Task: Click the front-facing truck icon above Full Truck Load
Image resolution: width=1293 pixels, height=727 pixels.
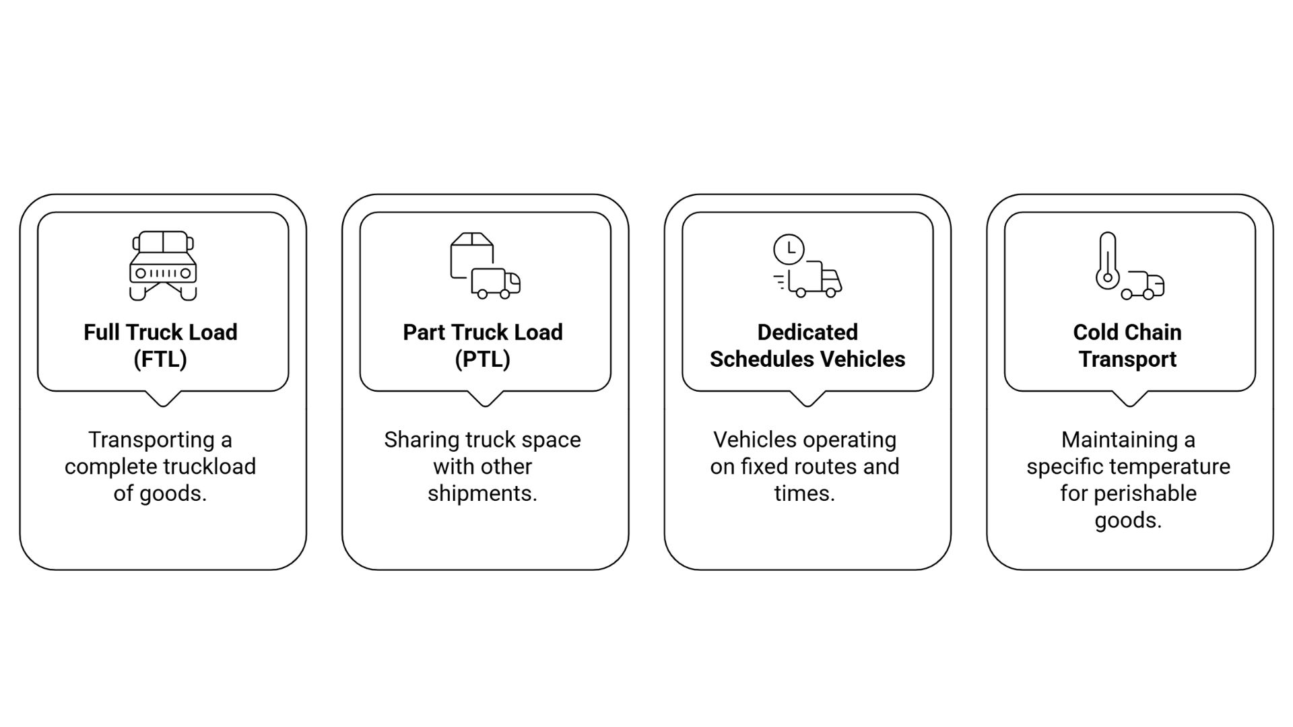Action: (x=163, y=266)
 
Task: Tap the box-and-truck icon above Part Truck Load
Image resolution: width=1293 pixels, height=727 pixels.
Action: (x=485, y=266)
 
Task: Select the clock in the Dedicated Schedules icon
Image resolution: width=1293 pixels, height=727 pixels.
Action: (x=789, y=249)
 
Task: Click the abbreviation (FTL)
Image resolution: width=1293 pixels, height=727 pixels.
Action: (x=160, y=359)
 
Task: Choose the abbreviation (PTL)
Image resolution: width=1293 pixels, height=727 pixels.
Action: (x=482, y=359)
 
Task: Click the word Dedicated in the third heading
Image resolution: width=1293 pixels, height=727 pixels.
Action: (x=807, y=333)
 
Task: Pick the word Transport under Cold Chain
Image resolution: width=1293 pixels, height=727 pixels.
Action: (x=1128, y=359)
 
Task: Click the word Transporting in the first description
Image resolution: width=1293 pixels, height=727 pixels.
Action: (x=151, y=440)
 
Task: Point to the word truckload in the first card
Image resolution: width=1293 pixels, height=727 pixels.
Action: (x=213, y=466)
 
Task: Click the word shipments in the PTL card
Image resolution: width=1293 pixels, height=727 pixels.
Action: (x=482, y=493)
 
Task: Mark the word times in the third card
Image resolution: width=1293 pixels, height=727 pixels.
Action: (x=804, y=493)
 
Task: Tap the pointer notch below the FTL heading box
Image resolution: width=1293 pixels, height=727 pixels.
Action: (x=163, y=399)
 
